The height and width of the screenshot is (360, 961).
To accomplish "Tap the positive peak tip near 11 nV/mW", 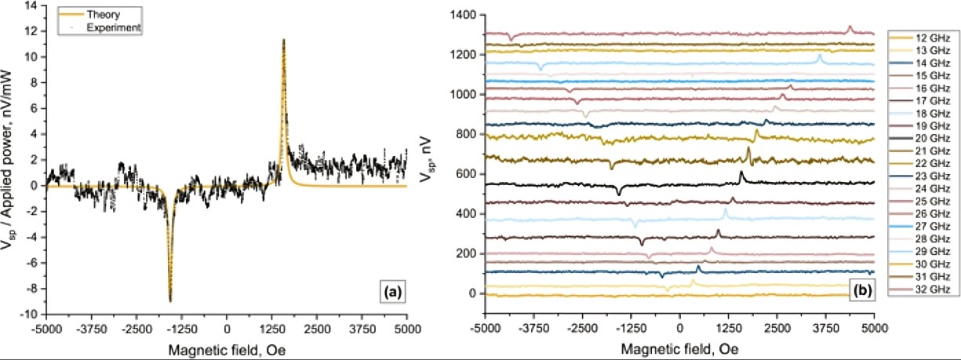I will [283, 39].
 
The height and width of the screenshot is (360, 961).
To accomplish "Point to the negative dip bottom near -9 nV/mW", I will [170, 300].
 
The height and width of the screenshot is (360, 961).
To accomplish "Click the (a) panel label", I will [391, 293].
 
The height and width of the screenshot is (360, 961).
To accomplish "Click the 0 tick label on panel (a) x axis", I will [227, 329].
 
